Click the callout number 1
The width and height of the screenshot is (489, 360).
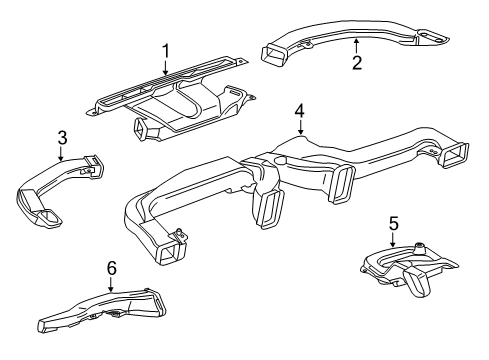(166, 49)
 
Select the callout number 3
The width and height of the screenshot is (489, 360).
(62, 138)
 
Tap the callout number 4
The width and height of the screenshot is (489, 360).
(299, 110)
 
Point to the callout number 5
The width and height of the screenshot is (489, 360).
(393, 224)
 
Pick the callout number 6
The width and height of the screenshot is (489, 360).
(111, 267)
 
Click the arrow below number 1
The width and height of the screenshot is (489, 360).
(166, 67)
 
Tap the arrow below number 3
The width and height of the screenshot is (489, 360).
(62, 154)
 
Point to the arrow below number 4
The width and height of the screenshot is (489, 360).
(299, 127)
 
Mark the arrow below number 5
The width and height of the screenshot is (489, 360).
(393, 240)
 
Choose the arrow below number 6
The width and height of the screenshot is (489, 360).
(111, 283)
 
